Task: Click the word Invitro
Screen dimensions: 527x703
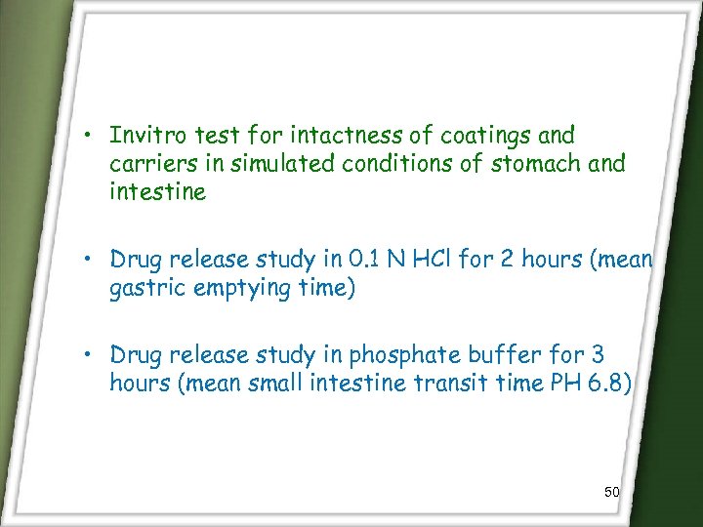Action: (144, 135)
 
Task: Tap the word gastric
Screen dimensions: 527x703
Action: (148, 289)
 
